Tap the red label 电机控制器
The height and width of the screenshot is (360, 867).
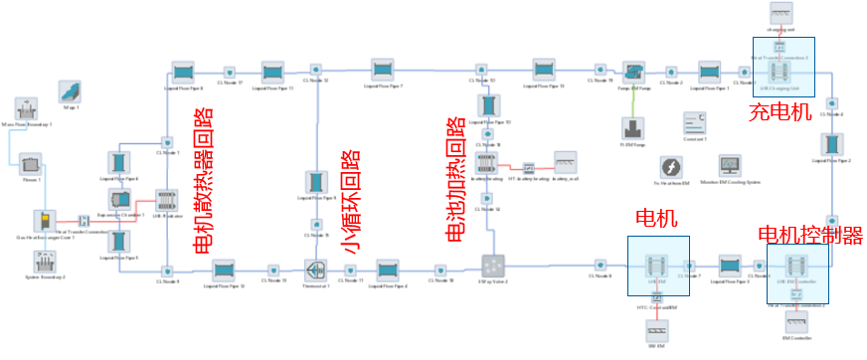pyautogui.click(x=809, y=237)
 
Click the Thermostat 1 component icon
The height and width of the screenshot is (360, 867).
pyautogui.click(x=317, y=270)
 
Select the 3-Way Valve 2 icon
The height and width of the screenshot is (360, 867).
pyautogui.click(x=494, y=266)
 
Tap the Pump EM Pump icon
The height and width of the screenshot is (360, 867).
pyautogui.click(x=633, y=72)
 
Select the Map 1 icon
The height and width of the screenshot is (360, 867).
pyautogui.click(x=70, y=91)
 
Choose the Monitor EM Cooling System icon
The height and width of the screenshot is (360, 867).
pyautogui.click(x=730, y=166)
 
